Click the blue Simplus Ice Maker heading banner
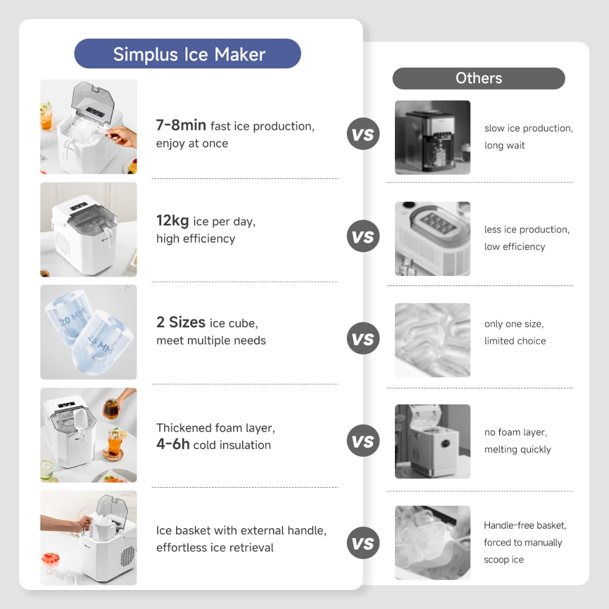pyautogui.click(x=187, y=54)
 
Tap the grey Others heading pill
pyautogui.click(x=479, y=79)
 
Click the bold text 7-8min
pyautogui.click(x=181, y=125)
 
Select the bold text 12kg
pyautogui.click(x=172, y=221)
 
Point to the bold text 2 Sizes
pyautogui.click(x=181, y=322)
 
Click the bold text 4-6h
pyautogui.click(x=173, y=444)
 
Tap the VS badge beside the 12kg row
pyautogui.click(x=363, y=236)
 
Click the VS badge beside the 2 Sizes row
pyautogui.click(x=363, y=338)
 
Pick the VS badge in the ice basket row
pyautogui.click(x=363, y=543)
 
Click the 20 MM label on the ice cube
pyautogui.click(x=72, y=316)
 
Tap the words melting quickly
pyautogui.click(x=517, y=450)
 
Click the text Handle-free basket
pyautogui.click(x=525, y=526)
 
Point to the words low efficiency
pyautogui.click(x=514, y=247)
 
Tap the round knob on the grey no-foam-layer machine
pyautogui.click(x=445, y=443)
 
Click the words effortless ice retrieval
pyautogui.click(x=215, y=548)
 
